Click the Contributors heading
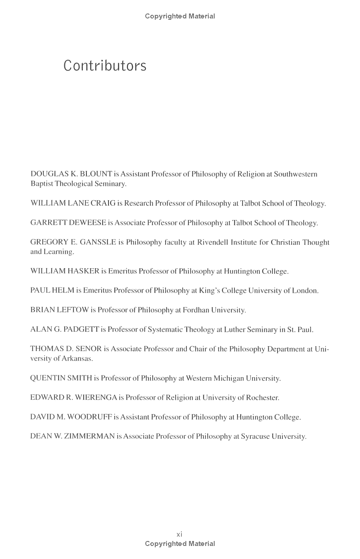click(x=105, y=66)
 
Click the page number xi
click(x=180, y=534)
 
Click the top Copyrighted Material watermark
click(x=180, y=16)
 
